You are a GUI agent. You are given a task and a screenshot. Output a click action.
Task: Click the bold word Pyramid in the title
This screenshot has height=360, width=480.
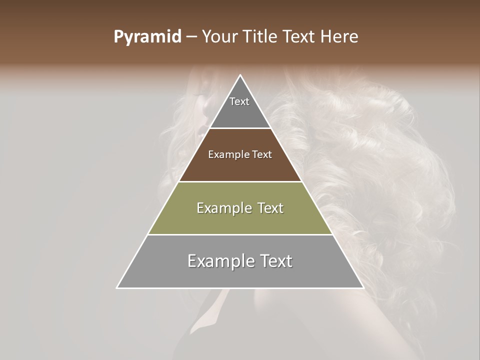(147, 37)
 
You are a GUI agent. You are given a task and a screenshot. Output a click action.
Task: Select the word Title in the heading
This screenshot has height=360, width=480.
(262, 37)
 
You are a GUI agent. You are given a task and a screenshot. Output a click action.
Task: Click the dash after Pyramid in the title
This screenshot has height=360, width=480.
(191, 37)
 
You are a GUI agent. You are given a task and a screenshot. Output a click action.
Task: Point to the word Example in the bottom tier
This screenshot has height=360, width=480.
(217, 261)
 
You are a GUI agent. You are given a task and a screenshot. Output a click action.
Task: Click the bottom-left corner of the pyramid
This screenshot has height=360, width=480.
(117, 288)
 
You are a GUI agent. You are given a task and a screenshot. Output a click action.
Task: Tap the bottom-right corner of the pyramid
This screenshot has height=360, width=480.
(363, 288)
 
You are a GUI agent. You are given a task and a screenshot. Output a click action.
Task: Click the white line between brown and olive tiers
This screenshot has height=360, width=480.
(240, 181)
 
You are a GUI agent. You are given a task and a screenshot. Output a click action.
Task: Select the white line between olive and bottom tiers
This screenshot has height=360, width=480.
(240, 234)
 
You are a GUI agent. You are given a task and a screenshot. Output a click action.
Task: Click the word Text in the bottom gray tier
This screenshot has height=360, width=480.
(274, 261)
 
